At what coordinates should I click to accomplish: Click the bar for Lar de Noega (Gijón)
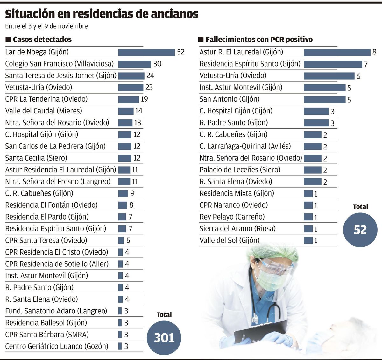pyautogui.click(x=146, y=52)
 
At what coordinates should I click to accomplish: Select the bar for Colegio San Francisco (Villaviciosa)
pyautogui.click(x=135, y=64)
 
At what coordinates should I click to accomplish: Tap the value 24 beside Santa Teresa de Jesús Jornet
pyautogui.click(x=150, y=76)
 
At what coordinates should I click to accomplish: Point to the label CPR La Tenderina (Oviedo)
pyautogui.click(x=46, y=99)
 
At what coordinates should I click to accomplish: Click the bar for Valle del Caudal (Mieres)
pyautogui.click(x=126, y=111)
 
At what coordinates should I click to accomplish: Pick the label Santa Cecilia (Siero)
pyautogui.click(x=36, y=158)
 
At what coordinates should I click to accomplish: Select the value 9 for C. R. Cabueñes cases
pyautogui.click(x=132, y=193)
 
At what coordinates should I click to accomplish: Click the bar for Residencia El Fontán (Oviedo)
pyautogui.click(x=123, y=205)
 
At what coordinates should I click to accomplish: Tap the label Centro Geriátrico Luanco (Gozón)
pyautogui.click(x=57, y=346)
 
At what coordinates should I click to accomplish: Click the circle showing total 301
pyautogui.click(x=164, y=338)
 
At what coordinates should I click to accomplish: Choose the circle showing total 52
pyautogui.click(x=360, y=230)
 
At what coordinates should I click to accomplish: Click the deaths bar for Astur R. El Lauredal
pyautogui.click(x=337, y=52)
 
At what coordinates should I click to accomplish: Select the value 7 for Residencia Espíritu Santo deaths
pyautogui.click(x=366, y=64)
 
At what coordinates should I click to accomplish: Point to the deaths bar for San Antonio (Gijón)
pyautogui.click(x=324, y=99)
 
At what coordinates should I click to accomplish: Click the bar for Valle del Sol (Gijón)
pyautogui.click(x=308, y=240)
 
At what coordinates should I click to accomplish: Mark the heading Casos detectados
pyautogui.click(x=42, y=40)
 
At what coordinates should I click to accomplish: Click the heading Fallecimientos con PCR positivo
pyautogui.click(x=259, y=40)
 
